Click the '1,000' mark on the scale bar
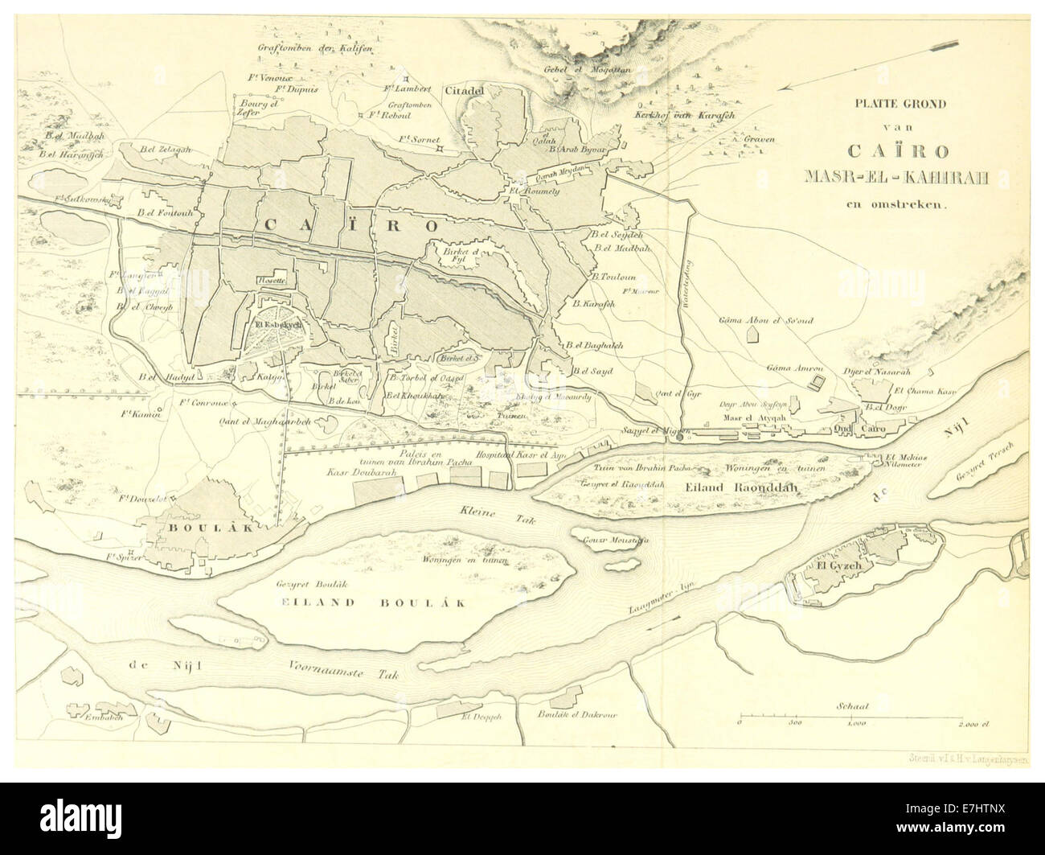tap(854, 724)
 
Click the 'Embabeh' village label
tap(102, 717)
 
